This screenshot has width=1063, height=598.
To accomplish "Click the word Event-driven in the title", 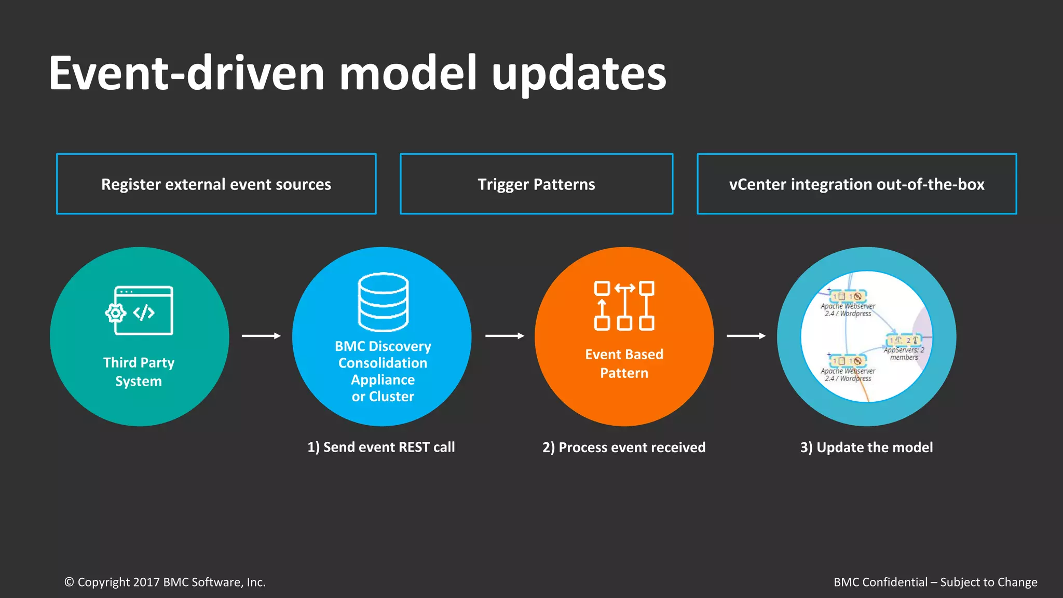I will tap(187, 74).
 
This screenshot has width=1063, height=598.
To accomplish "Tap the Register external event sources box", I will tap(216, 184).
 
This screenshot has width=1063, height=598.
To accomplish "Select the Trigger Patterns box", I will tap(536, 184).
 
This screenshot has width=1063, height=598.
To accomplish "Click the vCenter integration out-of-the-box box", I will tap(856, 184).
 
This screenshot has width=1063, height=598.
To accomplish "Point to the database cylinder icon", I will tap(383, 302).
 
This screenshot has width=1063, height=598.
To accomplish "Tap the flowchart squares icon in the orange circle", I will tap(624, 306).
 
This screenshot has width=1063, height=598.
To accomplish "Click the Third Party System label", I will tap(139, 372).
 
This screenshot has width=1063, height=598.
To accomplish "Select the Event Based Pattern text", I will tap(624, 363).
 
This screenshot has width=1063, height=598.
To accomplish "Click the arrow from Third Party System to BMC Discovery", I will tap(261, 336).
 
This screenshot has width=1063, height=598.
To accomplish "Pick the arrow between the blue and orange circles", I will tap(504, 336).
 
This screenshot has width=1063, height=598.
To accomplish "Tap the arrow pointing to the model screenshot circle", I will tap(746, 336).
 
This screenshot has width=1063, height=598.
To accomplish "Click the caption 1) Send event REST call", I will tap(381, 447).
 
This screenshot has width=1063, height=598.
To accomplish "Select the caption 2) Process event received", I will tap(624, 447).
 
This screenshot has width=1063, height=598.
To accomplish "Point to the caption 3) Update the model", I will tap(866, 447).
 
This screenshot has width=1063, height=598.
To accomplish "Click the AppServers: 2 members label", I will tap(904, 354).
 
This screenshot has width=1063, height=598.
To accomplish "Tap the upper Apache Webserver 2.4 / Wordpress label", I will tap(848, 310).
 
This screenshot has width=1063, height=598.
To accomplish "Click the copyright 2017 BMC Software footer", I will tap(165, 582).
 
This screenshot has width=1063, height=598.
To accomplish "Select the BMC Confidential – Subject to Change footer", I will tap(935, 582).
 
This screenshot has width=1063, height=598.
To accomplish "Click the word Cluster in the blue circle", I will tap(391, 397).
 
